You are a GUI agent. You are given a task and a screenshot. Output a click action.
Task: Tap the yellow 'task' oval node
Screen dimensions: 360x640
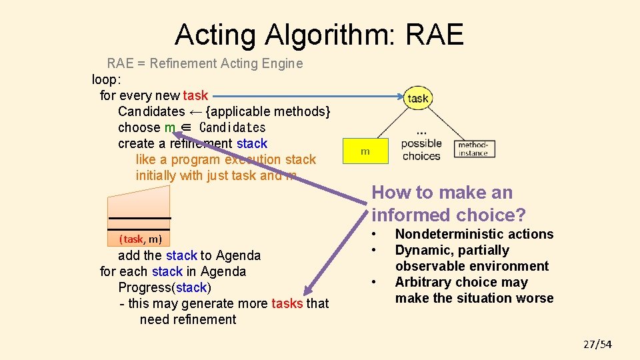click(418, 98)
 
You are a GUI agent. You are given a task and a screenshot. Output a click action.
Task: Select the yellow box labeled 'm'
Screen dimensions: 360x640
click(365, 151)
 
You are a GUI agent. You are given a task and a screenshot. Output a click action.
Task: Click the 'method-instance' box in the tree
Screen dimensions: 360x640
click(475, 149)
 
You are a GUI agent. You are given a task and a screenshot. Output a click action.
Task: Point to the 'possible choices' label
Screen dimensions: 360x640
click(421, 149)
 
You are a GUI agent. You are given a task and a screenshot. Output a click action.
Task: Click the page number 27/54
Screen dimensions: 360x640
click(597, 344)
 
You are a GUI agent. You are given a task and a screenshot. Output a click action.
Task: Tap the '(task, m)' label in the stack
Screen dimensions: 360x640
click(140, 239)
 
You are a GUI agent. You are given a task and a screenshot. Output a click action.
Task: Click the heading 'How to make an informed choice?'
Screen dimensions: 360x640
click(448, 204)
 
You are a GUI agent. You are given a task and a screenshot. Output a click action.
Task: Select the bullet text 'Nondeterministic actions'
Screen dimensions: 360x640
click(474, 234)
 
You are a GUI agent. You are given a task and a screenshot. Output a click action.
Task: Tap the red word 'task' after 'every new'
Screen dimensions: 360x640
click(195, 95)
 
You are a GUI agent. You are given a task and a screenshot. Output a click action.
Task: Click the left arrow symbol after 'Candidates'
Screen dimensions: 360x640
click(195, 111)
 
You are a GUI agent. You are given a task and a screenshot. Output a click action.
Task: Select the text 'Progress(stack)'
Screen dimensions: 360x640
click(164, 287)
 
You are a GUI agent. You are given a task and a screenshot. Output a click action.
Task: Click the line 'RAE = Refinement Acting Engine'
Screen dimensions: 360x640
click(205, 63)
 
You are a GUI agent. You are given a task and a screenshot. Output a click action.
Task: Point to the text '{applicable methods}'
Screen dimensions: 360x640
click(267, 111)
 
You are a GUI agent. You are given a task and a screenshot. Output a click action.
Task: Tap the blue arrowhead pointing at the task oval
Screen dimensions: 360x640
click(397, 96)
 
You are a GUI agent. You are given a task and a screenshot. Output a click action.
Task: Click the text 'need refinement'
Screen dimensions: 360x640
click(187, 319)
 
